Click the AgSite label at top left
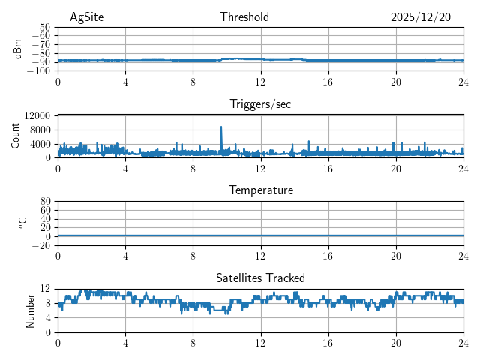click(87, 17)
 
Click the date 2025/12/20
click(421, 17)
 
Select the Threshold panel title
click(244, 17)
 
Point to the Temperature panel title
click(261, 190)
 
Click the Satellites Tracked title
click(260, 277)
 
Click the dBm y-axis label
click(18, 49)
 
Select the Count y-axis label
click(16, 136)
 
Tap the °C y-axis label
click(22, 223)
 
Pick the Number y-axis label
click(30, 310)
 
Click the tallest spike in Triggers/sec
click(221, 127)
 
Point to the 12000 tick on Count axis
click(37, 116)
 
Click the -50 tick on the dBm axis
click(40, 28)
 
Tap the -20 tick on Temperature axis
click(40, 245)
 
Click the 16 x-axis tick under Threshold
click(328, 82)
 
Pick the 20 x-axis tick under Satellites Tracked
click(395, 343)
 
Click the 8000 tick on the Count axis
click(40, 130)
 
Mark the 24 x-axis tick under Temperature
click(463, 256)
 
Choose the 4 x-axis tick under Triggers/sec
click(125, 169)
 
